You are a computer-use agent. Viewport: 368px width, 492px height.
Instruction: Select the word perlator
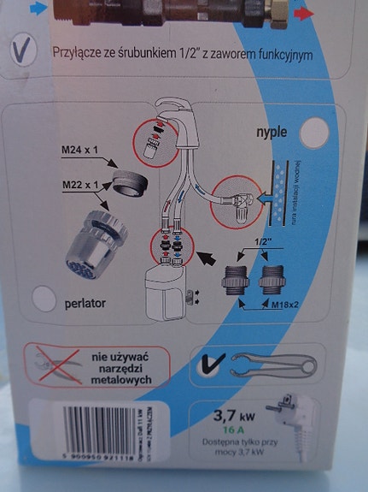pos(86,302)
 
